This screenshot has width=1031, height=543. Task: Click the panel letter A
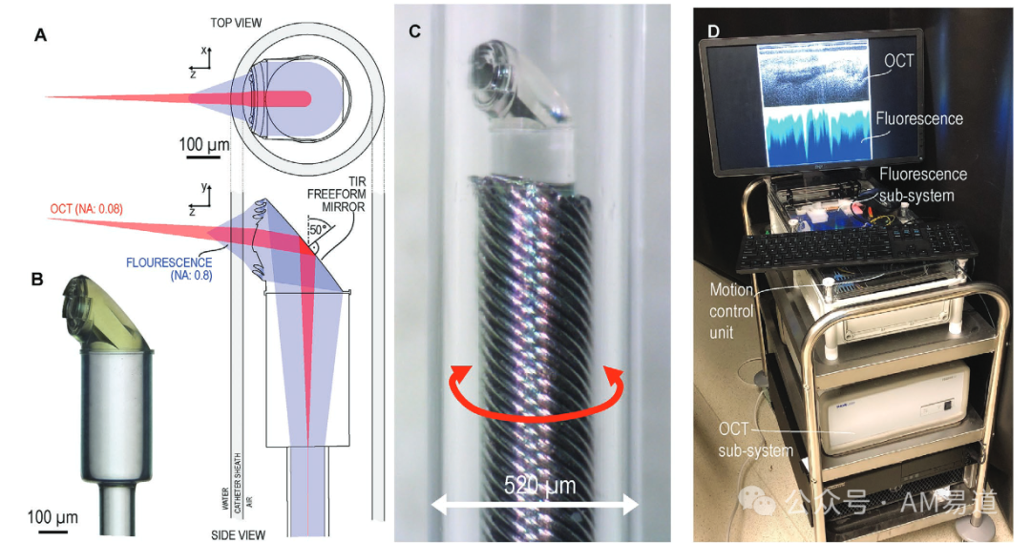click(40, 36)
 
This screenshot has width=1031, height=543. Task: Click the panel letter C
click(415, 31)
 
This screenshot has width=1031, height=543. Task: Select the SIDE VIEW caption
click(238, 535)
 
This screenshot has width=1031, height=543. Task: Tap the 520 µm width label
click(539, 486)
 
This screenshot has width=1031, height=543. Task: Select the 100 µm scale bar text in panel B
click(53, 517)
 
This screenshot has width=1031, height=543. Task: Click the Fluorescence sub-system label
click(922, 182)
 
